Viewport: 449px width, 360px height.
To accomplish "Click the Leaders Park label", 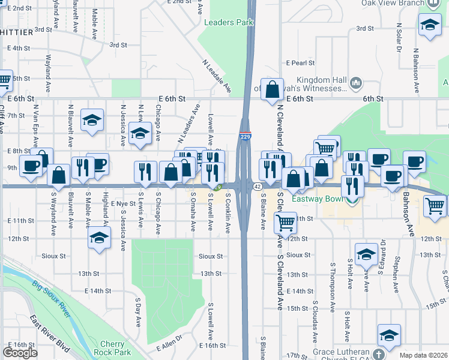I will (x=229, y=23).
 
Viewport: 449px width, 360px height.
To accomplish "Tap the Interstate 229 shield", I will (x=245, y=137).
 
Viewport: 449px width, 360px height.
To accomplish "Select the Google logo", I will (x=20, y=353).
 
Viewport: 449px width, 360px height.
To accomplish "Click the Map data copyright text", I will (x=424, y=355).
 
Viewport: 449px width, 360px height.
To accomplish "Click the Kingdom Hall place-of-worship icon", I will (x=355, y=82).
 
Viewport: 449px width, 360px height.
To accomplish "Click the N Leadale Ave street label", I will (x=217, y=76).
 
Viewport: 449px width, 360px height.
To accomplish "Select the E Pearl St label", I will (x=300, y=62).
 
